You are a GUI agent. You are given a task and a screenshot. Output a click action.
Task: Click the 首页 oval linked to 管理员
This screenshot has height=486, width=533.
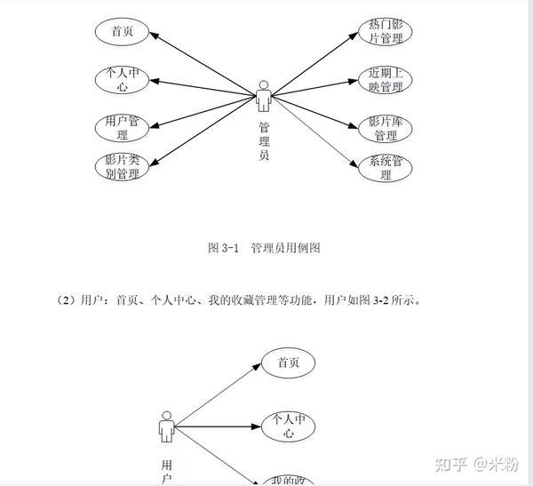click(x=122, y=32)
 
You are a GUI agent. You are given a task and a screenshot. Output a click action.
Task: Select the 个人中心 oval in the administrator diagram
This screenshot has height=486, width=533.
click(x=122, y=80)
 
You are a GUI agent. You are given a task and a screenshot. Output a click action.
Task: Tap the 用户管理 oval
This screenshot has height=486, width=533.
click(x=122, y=128)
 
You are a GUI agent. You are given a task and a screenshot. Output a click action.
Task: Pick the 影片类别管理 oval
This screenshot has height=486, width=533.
click(x=122, y=166)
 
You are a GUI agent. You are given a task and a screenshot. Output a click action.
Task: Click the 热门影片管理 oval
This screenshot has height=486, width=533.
click(x=386, y=31)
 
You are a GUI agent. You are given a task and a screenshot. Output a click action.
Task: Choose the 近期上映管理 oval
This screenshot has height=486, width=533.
click(x=386, y=80)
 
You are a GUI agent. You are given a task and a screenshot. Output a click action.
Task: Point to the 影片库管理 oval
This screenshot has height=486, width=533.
click(x=386, y=129)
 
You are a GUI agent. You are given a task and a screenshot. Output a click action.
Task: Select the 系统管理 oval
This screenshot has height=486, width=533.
click(x=386, y=168)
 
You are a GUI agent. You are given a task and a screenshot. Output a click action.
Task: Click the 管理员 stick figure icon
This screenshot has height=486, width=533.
click(x=264, y=95)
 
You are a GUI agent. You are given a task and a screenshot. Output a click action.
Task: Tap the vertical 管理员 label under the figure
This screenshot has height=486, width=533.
click(x=264, y=141)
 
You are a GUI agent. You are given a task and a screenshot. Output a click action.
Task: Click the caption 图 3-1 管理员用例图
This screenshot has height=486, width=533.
click(x=264, y=249)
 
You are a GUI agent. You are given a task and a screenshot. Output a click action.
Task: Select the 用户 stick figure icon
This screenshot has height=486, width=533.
click(x=166, y=427)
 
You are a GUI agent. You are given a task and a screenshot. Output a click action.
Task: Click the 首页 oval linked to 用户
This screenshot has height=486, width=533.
click(x=288, y=363)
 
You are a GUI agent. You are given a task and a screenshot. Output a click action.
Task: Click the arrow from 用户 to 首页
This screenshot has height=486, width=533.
click(x=218, y=396)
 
